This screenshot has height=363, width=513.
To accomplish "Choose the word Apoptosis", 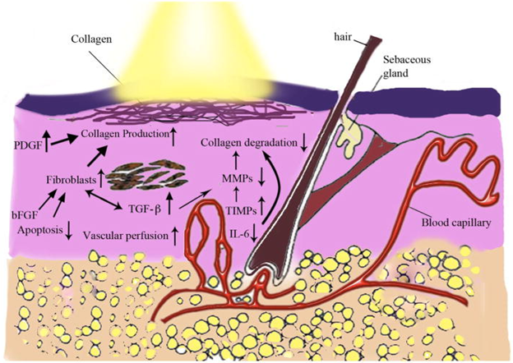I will pyautogui.click(x=38, y=231).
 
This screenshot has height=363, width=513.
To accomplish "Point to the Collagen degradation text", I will pyautogui.click(x=248, y=145).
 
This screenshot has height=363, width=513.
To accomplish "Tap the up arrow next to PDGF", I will pyautogui.click(x=49, y=145).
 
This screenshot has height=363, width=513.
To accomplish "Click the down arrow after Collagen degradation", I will pyautogui.click(x=304, y=145).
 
